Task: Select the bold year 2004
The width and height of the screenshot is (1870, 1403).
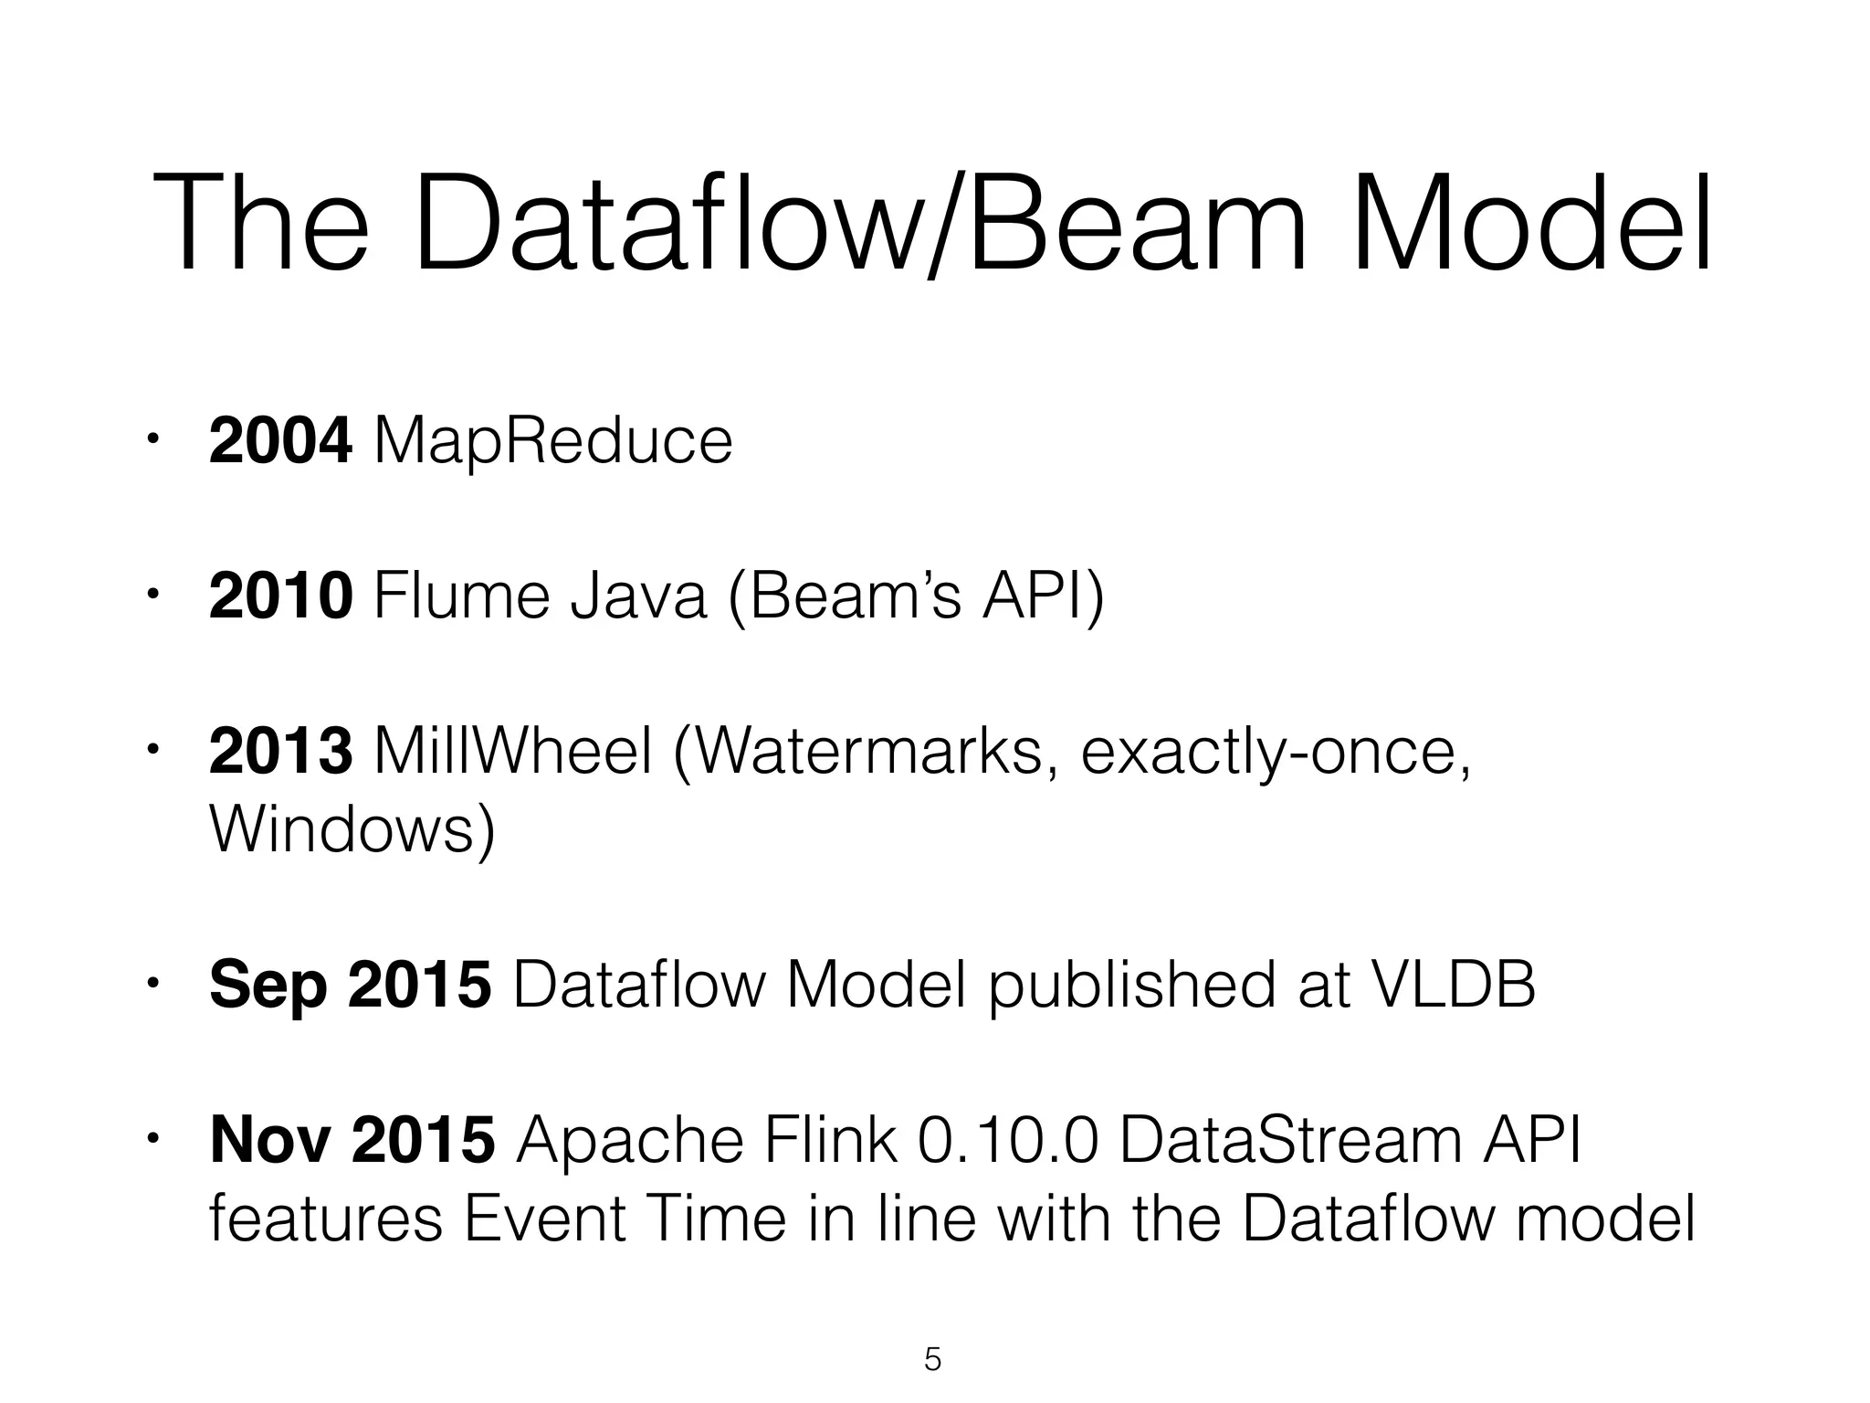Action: pyautogui.click(x=280, y=441)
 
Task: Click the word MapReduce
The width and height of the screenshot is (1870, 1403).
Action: pyautogui.click(x=553, y=441)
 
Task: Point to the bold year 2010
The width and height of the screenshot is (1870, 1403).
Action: pyautogui.click(x=280, y=596)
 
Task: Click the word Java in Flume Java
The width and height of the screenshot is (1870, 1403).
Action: pyautogui.click(x=638, y=596)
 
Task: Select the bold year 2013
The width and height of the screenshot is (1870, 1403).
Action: pyautogui.click(x=280, y=751)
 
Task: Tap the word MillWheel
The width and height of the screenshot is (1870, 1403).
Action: pyautogui.click(x=514, y=751)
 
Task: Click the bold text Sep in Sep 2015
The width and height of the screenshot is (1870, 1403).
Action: pyautogui.click(x=268, y=985)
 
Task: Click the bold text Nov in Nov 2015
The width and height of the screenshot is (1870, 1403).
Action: pyautogui.click(x=268, y=1140)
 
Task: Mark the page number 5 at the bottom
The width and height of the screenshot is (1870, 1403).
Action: pyautogui.click(x=932, y=1360)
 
